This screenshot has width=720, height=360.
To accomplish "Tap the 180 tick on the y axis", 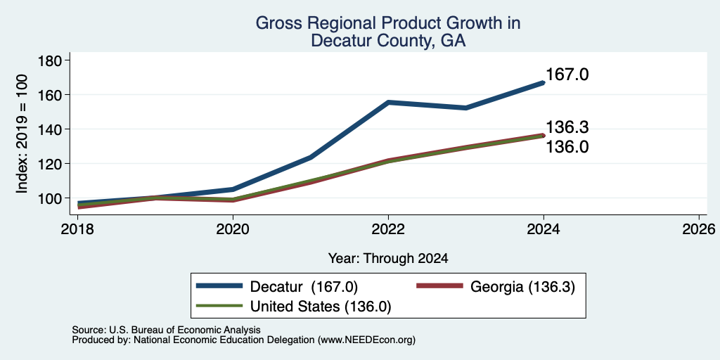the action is (x=53, y=60).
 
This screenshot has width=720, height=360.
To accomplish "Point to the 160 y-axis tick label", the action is (x=53, y=95).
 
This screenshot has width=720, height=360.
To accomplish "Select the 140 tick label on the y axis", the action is (x=53, y=129).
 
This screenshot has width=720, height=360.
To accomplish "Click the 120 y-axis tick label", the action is (x=53, y=164).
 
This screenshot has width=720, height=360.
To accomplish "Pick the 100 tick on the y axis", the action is (x=53, y=198).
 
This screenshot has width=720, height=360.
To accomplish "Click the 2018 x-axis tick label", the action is (x=77, y=229).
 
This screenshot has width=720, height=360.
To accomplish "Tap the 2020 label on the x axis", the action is (x=233, y=229).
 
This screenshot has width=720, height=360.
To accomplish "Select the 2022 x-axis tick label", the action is (x=388, y=229).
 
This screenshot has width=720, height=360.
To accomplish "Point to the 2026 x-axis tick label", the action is (x=700, y=229).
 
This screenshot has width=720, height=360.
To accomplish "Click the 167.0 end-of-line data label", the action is (x=567, y=75).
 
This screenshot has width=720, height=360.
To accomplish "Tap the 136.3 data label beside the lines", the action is (x=567, y=127).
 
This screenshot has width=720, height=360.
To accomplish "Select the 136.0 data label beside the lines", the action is (x=567, y=147).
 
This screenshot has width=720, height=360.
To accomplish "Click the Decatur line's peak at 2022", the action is (x=388, y=103).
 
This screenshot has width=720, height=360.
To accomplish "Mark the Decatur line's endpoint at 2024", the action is (x=544, y=83).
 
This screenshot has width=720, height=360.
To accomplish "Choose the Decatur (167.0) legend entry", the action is (x=277, y=287).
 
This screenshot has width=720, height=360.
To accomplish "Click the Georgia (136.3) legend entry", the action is (x=495, y=287).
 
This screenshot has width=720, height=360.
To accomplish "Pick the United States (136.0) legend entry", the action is (x=293, y=307).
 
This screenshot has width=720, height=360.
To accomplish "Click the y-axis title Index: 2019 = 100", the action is (x=22, y=134).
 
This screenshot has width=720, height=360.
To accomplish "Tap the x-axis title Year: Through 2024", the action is (x=388, y=259).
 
